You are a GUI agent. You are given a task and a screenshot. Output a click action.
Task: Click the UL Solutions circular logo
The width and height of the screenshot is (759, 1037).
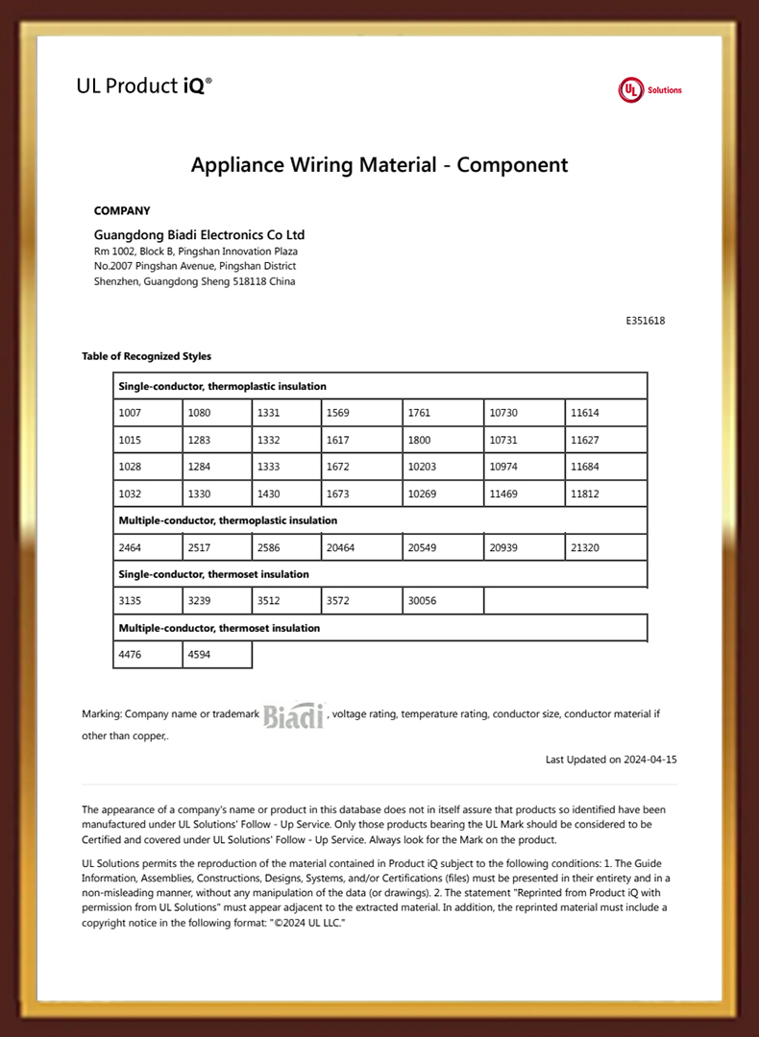coord(630,90)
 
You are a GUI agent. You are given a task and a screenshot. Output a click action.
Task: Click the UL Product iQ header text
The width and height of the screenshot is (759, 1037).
coord(144,85)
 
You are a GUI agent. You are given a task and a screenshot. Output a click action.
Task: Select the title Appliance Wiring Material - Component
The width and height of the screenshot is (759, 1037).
coord(379,164)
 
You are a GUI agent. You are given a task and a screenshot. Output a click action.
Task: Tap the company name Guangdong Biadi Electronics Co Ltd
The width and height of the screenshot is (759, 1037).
coord(199,234)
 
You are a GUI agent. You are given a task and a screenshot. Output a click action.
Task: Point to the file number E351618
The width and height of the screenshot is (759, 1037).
coord(645,321)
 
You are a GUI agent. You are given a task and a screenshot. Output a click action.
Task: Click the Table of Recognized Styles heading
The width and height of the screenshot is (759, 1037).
coord(146,356)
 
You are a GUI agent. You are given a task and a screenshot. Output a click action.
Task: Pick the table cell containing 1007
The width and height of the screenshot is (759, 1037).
coord(147,413)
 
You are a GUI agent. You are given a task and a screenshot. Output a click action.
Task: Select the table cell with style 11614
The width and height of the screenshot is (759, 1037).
coord(605,413)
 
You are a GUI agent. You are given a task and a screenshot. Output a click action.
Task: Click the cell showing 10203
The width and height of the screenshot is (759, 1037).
coord(443,467)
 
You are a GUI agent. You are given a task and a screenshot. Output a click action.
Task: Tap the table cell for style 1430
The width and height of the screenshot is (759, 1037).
coord(286,494)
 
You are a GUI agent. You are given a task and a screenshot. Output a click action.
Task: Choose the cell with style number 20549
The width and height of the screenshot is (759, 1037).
coord(443,547)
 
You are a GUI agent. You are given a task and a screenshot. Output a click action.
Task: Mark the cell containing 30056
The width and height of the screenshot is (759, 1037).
coord(443,601)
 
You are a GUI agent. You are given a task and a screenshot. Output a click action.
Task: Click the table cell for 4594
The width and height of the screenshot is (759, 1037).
coord(217,655)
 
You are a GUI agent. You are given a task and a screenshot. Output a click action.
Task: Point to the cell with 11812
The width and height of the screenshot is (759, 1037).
coord(605,494)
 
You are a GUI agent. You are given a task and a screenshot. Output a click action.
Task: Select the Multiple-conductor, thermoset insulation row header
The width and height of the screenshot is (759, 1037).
coord(219,628)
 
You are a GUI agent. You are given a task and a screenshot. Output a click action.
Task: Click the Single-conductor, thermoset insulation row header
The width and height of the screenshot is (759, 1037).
coord(213,574)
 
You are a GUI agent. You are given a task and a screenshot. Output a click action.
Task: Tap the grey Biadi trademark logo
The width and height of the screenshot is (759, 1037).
coord(294,715)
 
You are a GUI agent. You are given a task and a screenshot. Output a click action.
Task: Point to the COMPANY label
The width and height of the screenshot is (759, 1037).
coord(122,210)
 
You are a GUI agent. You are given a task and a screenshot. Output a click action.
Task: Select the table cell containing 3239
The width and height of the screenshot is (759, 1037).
coord(217,601)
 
